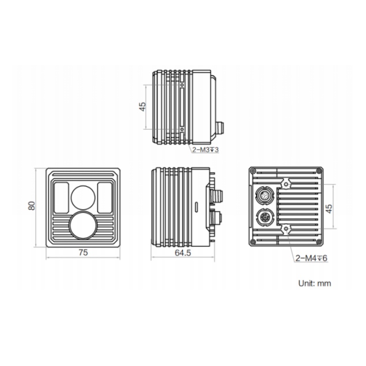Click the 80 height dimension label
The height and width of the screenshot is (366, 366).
point(32,205)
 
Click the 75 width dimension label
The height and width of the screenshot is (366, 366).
point(83,253)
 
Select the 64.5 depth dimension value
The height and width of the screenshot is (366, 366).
point(183,253)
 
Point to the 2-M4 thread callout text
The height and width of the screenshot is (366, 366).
point(311,258)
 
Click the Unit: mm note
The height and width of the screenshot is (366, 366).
point(315,283)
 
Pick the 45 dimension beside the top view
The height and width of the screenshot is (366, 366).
point(142,107)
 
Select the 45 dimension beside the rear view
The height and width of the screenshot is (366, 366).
point(328,208)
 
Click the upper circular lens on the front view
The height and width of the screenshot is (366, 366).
point(83,198)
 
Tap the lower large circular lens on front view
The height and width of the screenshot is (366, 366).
point(83,225)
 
